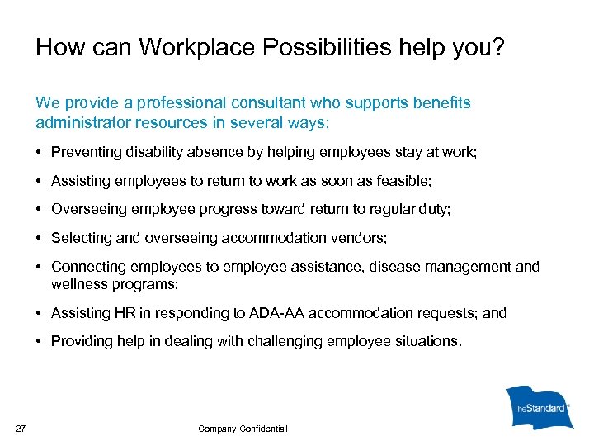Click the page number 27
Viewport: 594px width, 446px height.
click(x=21, y=427)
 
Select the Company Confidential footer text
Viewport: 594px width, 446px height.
click(x=243, y=428)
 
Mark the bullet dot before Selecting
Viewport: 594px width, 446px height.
click(x=40, y=238)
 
